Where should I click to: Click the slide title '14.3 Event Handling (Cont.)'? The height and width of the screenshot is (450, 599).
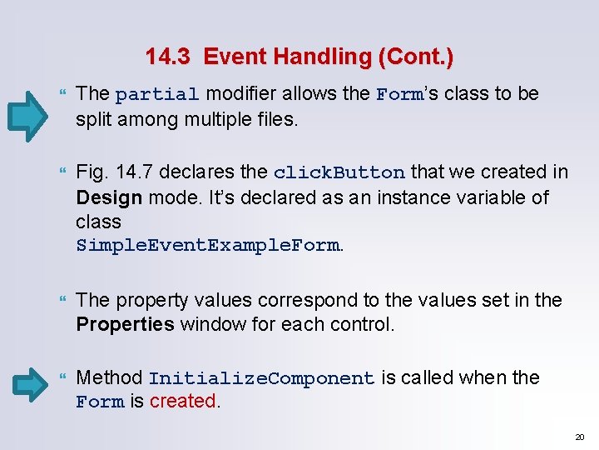pos(299,57)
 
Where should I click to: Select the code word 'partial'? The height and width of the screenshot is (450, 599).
pos(157,95)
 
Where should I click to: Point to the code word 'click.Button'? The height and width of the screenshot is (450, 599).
pos(339,173)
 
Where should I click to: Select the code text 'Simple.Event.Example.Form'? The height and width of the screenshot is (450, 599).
pos(207,247)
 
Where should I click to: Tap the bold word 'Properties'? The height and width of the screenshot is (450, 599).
pos(126,323)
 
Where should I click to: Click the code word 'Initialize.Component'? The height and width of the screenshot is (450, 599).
pos(261,379)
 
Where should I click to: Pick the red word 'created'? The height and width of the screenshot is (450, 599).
pos(183,402)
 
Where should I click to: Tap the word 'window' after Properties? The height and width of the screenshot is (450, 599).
pos(209,323)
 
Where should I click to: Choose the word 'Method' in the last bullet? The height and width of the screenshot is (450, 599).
pos(109,378)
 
